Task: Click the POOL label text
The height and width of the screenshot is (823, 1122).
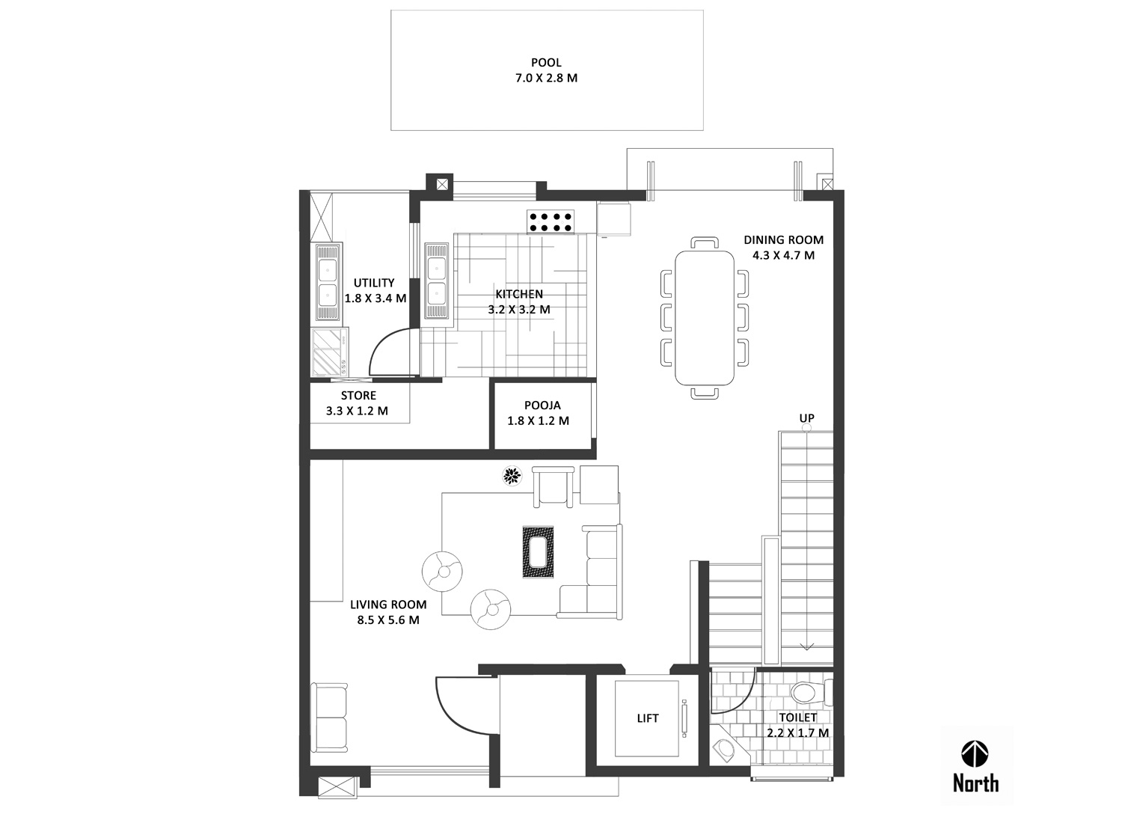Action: [546, 63]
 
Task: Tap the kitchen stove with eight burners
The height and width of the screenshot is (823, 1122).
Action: [550, 222]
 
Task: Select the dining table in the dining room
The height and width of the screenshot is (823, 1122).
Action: [705, 317]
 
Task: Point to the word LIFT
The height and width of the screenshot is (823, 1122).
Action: [648, 718]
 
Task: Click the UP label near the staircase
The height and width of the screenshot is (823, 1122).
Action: [806, 417]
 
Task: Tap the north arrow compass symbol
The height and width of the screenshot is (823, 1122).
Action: [975, 754]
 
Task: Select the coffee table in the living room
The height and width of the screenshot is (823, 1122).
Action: [538, 552]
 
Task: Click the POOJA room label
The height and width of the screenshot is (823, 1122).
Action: [542, 405]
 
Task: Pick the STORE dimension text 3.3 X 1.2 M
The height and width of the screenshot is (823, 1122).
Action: [357, 411]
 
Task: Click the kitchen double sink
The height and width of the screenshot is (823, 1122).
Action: [436, 281]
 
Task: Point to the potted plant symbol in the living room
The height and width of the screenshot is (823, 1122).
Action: [512, 476]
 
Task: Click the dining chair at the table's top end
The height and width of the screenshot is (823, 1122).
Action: [705, 243]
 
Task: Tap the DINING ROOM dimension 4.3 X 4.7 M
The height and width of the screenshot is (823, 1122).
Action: [783, 255]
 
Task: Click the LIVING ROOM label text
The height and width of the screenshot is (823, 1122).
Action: [388, 605]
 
